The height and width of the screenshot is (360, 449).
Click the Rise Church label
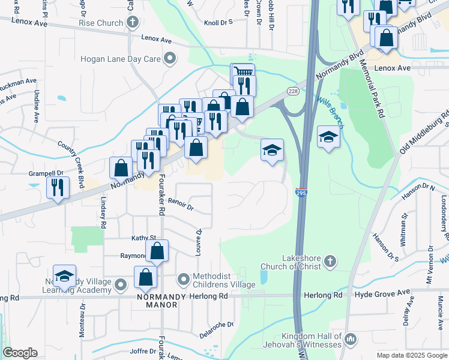point(100,23)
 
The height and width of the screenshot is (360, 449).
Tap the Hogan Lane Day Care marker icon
point(170,59)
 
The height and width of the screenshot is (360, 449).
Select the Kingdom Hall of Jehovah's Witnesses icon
point(351,340)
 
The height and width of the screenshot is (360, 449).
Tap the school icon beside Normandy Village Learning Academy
point(64,276)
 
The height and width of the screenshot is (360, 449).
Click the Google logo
point(20,353)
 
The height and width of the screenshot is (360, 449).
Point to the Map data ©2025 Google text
point(411,355)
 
